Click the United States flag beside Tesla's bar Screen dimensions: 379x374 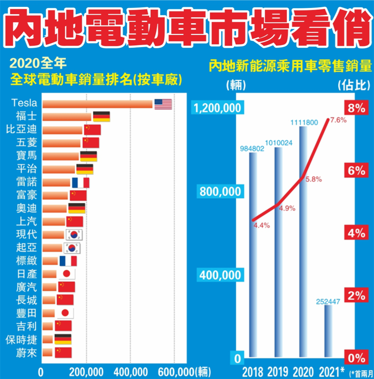click(163, 104)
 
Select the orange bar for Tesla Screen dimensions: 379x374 click(97, 104)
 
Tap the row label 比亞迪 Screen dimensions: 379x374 click(21, 129)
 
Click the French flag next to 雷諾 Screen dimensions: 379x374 click(81, 183)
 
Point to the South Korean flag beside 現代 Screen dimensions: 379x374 click(74, 235)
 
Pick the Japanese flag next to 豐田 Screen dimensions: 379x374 click(65, 313)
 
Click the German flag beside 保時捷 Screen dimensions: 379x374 click(63, 339)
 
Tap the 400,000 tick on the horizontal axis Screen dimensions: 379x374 click(130, 372)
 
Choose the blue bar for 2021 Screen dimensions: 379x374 click(328, 331)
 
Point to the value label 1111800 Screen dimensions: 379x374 click(303, 122)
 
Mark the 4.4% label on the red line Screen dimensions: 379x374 click(262, 225)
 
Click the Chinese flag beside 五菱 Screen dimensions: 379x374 click(91, 143)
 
